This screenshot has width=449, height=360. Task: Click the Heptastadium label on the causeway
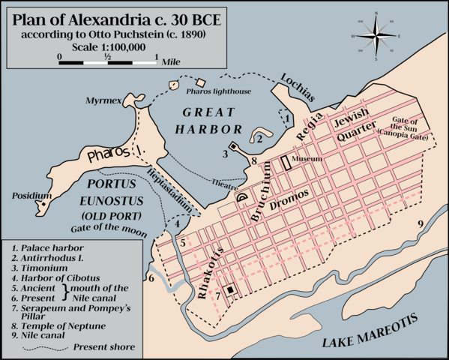[x=169, y=187]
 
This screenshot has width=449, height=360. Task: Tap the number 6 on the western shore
[x=151, y=278]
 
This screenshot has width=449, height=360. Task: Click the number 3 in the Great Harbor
[x=224, y=154]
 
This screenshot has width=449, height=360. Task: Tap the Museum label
[x=308, y=160]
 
